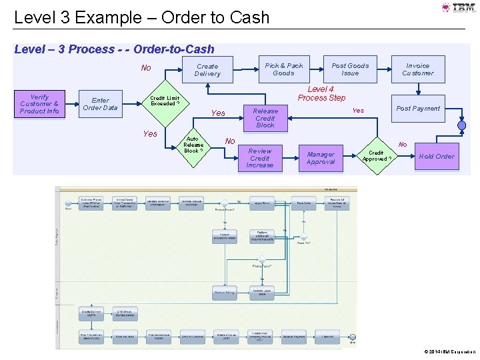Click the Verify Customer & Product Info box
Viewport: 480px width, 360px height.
[x=39, y=104]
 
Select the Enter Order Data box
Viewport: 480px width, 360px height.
[x=100, y=104]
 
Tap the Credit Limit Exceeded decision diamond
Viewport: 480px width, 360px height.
[x=164, y=101]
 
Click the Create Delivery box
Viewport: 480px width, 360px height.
[x=207, y=70]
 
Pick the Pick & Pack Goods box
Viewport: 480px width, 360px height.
[x=283, y=69]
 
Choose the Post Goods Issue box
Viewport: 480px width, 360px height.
[x=350, y=69]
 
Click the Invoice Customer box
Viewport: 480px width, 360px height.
[x=418, y=69]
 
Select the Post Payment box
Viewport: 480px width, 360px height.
[x=418, y=109]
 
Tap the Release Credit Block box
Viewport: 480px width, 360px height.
[x=265, y=118]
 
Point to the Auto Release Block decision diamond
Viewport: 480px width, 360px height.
[x=193, y=145]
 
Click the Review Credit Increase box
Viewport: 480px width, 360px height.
[x=260, y=158]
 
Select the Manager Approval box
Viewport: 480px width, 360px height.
[x=321, y=158]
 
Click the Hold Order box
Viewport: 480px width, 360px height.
[x=436, y=157]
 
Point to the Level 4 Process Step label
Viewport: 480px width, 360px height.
[x=321, y=93]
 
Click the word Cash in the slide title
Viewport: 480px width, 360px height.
[x=247, y=17]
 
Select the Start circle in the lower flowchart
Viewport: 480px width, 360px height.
[x=68, y=201]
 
